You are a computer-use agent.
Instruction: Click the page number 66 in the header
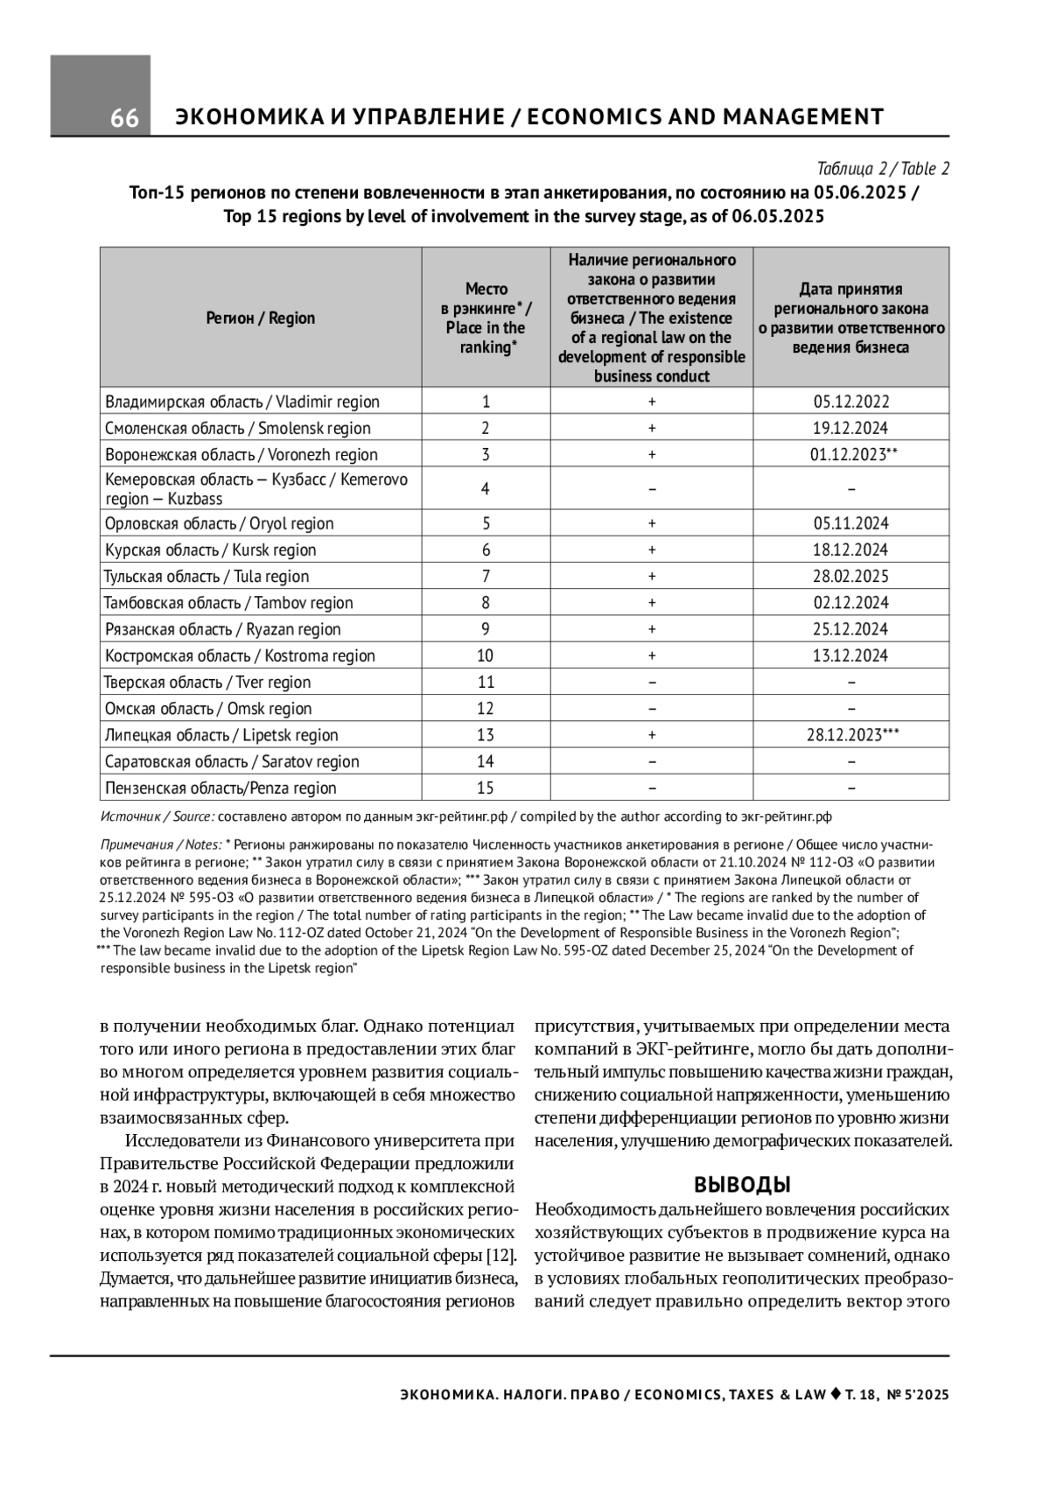[124, 118]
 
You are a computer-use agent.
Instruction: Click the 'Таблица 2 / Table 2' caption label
[883, 169]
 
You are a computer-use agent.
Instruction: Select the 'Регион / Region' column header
[261, 319]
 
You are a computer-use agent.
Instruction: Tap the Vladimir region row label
[242, 403]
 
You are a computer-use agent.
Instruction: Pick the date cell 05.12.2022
[850, 403]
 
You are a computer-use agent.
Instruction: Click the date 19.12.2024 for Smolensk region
[850, 429]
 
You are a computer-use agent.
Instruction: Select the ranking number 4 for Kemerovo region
[486, 489]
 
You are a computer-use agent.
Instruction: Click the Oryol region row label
[219, 524]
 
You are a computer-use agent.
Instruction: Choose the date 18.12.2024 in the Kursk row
[850, 550]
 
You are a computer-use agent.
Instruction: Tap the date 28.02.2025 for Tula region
[850, 577]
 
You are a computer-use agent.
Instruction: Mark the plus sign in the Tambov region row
[652, 603]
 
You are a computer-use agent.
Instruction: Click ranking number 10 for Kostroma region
[486, 656]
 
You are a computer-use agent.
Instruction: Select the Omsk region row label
[208, 709]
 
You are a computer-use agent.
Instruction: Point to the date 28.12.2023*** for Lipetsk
[852, 735]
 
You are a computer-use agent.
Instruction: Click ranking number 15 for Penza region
[486, 788]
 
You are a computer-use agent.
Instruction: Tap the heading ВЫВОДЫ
[742, 1186]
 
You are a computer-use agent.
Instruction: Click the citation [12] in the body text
[500, 1257]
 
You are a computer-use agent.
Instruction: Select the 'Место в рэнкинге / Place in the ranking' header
[486, 319]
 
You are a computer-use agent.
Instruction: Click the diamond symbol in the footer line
[836, 1394]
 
